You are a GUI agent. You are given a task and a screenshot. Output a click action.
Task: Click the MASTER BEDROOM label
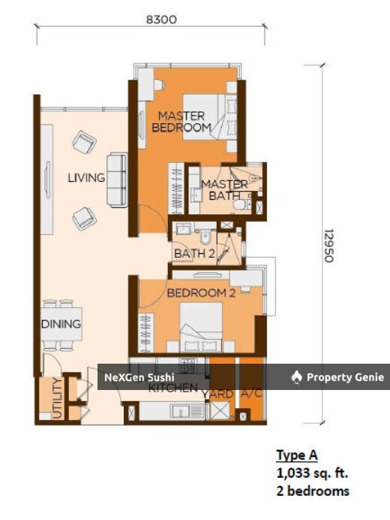181,122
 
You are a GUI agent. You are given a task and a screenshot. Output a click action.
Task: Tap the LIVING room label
85,178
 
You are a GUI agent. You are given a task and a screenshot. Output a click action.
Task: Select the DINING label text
61,324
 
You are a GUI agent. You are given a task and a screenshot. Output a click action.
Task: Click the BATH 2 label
195,254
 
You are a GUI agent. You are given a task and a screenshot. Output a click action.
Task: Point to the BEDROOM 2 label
201,293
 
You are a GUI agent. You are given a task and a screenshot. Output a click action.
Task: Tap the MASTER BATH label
224,190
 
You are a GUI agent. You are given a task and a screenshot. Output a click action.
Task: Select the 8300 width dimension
161,20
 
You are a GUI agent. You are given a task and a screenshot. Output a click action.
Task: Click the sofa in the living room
117,180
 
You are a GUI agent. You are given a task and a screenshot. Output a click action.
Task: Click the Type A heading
297,455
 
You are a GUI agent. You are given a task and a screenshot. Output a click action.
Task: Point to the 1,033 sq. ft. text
312,473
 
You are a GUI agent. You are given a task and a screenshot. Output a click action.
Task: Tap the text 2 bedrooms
313,491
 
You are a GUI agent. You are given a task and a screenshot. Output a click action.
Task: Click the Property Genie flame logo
296,377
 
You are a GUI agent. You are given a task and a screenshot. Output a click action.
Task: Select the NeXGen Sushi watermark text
139,377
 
